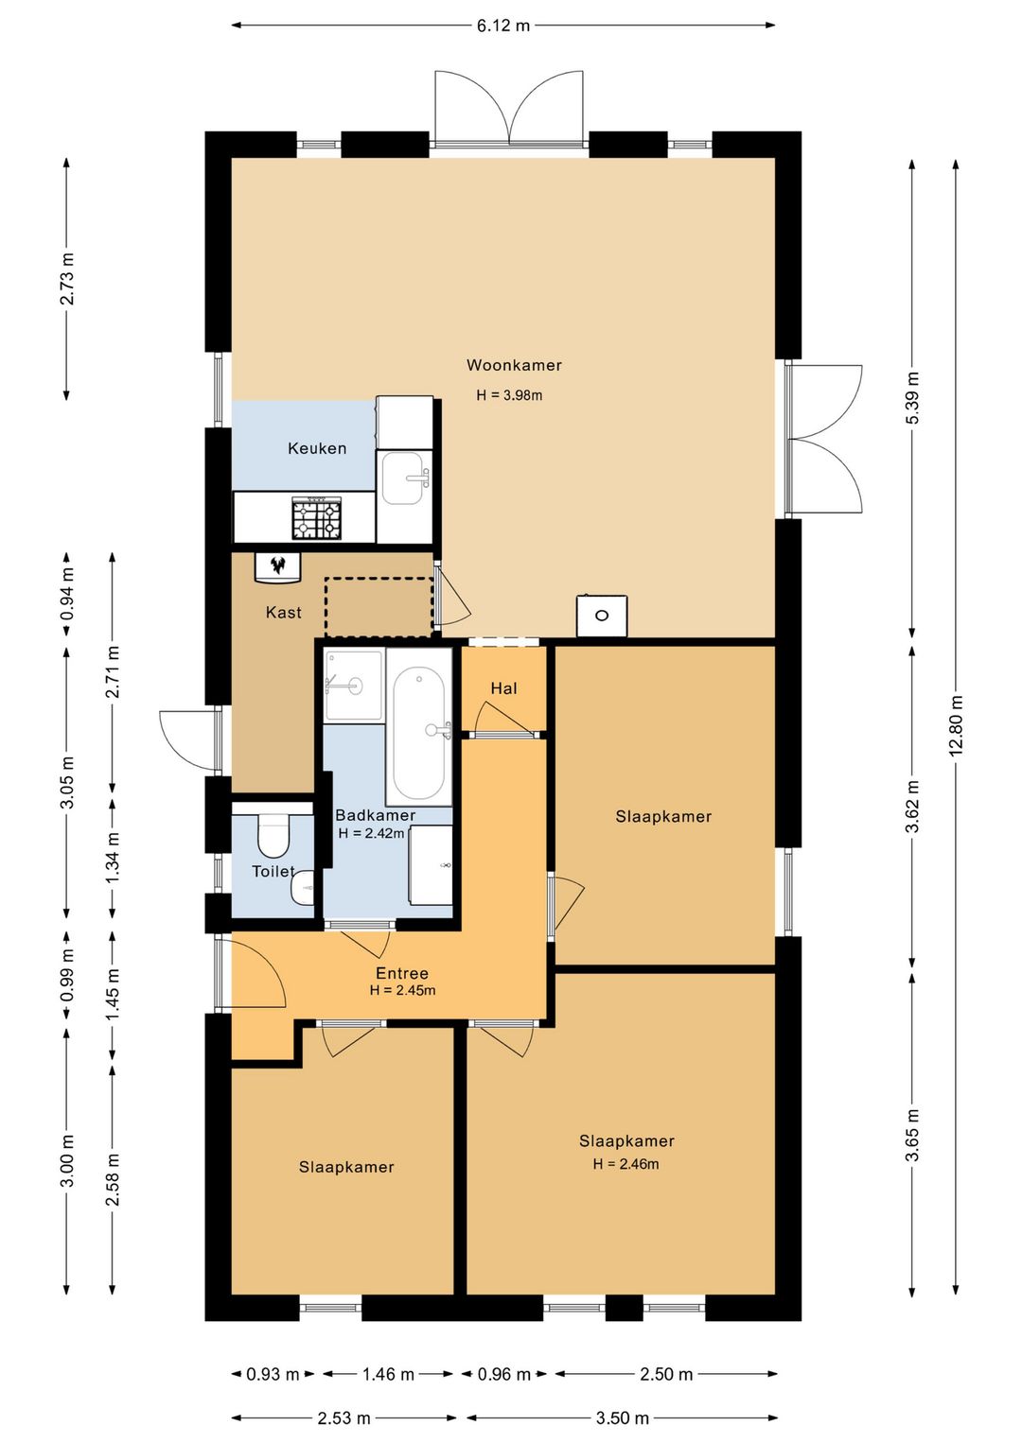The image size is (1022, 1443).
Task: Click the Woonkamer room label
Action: [514, 365]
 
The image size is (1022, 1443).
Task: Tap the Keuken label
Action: [317, 448]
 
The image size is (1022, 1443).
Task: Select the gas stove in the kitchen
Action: [317, 517]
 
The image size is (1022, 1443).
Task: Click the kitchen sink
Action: [404, 478]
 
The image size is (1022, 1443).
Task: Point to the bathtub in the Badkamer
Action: [419, 733]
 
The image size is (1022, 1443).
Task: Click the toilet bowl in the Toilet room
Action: [273, 835]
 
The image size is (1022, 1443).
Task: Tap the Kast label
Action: [284, 612]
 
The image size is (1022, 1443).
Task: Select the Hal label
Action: [503, 688]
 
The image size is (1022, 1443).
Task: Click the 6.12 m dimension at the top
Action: [502, 26]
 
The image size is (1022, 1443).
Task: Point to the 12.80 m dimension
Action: [956, 725]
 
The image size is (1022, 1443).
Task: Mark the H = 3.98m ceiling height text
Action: [509, 395]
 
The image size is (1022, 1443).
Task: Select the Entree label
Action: [402, 973]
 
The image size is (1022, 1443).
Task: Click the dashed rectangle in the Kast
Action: [379, 607]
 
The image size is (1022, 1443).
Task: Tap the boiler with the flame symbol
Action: [278, 567]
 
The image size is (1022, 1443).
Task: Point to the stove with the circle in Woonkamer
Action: [602, 616]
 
